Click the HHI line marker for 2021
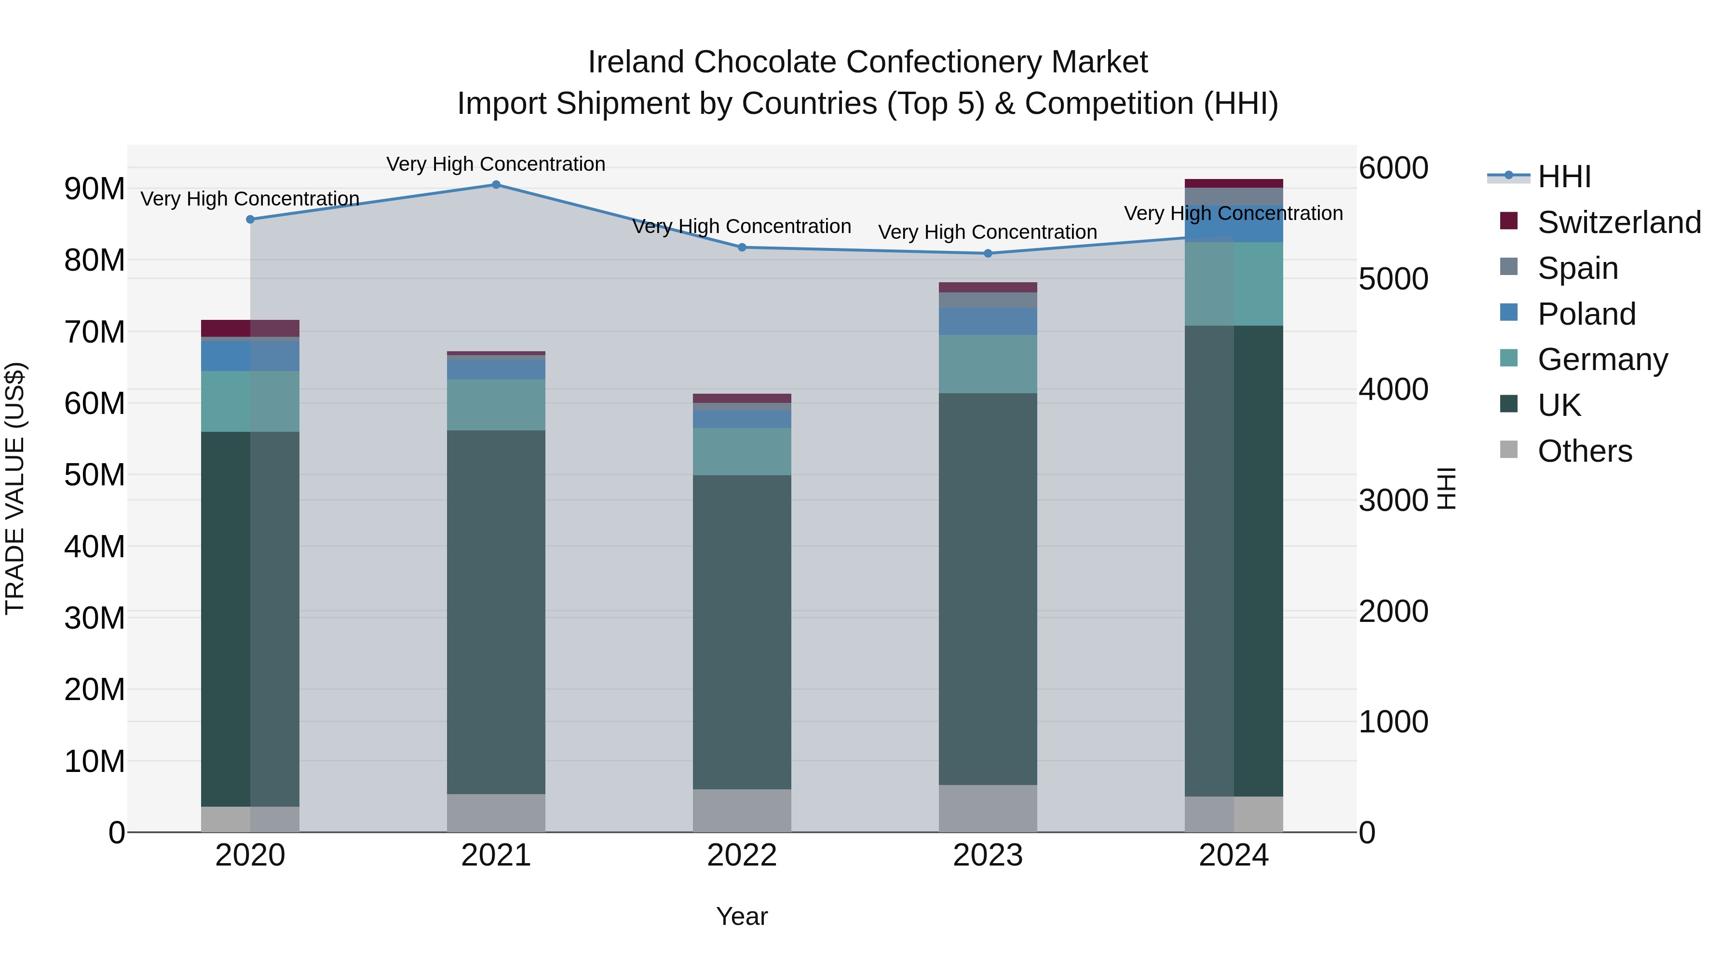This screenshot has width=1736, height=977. [x=496, y=185]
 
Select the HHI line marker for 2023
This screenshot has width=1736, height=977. [x=988, y=253]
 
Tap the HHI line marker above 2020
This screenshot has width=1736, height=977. [x=250, y=219]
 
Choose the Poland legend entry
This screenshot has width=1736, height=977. [x=1586, y=314]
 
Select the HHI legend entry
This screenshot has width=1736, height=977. [x=1563, y=177]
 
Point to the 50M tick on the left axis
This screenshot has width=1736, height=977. [x=95, y=475]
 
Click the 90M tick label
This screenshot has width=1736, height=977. [x=95, y=189]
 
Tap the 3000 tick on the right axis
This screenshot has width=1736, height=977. [x=1392, y=500]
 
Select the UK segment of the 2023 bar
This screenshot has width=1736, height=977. [x=988, y=587]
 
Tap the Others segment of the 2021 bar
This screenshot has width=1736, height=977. [x=496, y=812]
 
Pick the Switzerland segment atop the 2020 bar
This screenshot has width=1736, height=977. [x=250, y=328]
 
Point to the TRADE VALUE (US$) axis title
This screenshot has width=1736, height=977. [x=15, y=488]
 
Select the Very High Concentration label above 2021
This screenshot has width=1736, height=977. [x=496, y=164]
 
